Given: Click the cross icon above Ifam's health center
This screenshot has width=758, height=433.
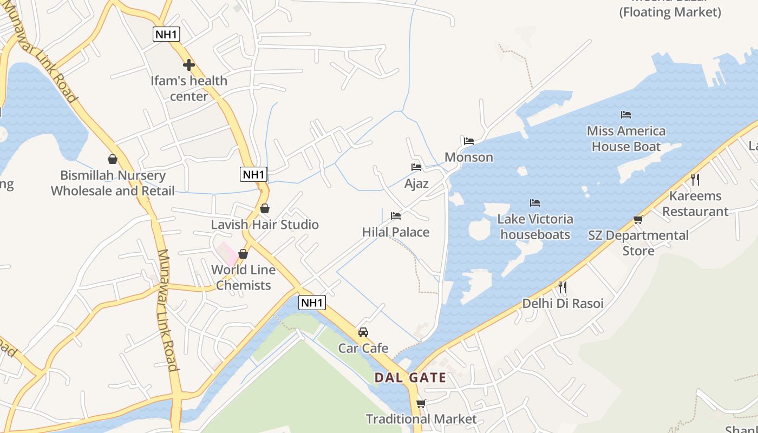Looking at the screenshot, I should (x=188, y=65).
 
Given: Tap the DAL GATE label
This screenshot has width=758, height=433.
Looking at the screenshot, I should (x=410, y=378).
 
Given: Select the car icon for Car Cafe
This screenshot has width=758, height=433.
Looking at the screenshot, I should (x=363, y=332).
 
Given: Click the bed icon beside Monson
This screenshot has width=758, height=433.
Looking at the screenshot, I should (x=469, y=141).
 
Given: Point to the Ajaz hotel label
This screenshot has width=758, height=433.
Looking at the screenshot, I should (x=416, y=183).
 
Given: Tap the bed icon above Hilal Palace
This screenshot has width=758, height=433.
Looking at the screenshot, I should (x=396, y=216).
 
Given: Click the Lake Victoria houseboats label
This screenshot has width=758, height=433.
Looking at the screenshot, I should (x=535, y=227).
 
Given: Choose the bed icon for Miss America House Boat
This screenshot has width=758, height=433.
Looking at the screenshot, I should (x=626, y=115).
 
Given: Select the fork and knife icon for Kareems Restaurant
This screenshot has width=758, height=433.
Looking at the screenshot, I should (x=695, y=180).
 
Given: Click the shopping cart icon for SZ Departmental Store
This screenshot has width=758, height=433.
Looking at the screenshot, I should (x=638, y=220).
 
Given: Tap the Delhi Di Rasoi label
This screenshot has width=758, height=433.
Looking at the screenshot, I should (x=563, y=304).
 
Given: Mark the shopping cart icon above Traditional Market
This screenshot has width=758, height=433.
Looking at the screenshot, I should (x=421, y=403).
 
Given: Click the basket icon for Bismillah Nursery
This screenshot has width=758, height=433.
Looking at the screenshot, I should (x=113, y=159).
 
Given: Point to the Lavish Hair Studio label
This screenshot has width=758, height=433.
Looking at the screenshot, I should (x=265, y=225).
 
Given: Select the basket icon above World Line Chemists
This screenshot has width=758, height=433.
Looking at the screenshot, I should (x=243, y=254).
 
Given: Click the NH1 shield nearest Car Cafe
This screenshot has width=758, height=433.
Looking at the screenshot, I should (x=312, y=303).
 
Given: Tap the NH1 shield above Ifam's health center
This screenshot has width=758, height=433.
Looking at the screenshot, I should (x=166, y=34).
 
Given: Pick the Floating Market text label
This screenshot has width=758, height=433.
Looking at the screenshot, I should (x=670, y=12).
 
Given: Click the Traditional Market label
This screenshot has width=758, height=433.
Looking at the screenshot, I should (x=421, y=419).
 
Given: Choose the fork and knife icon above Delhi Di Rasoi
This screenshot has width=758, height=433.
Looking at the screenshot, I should (x=563, y=287).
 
